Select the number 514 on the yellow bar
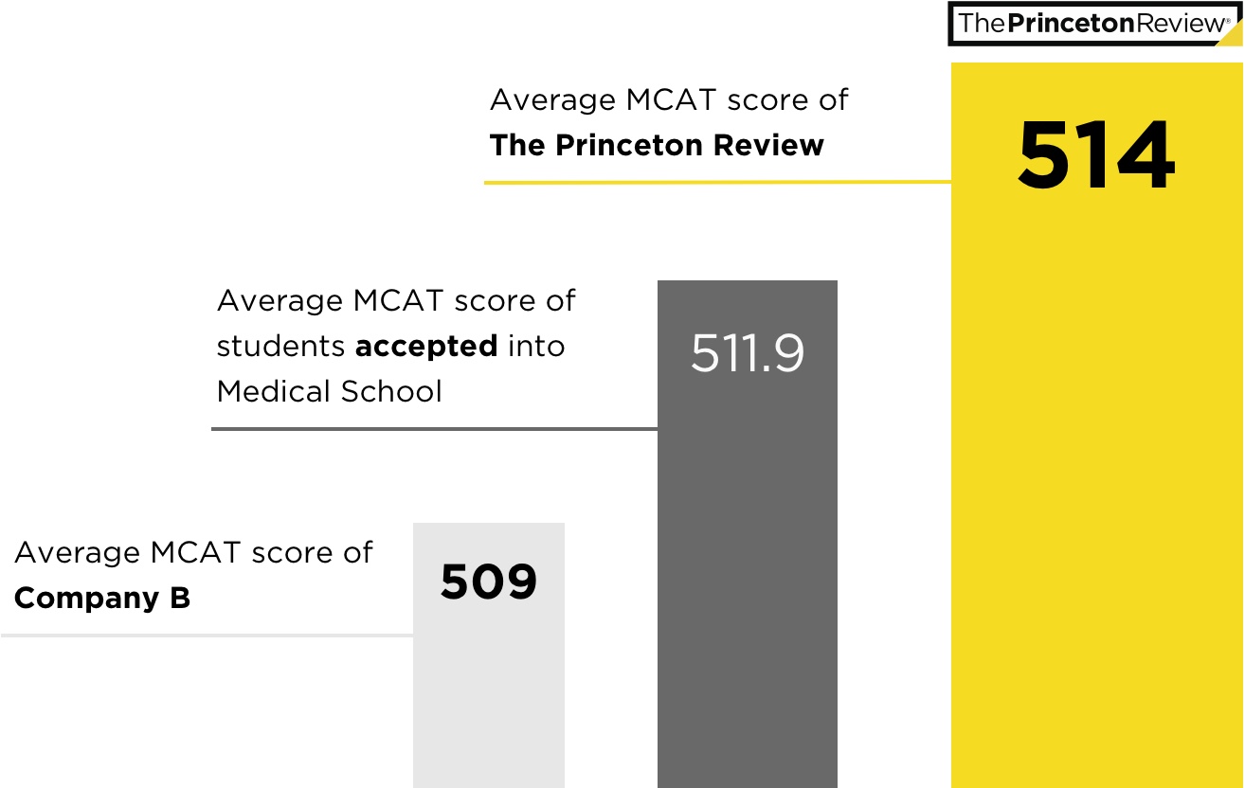point(1096,155)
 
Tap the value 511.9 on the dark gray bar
point(748,353)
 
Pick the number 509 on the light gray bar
point(489,582)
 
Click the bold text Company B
point(102,599)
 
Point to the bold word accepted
point(426,347)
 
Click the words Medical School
point(330,391)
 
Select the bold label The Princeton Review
point(657,146)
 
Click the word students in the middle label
point(280,347)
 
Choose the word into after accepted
point(535,347)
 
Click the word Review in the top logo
point(1179,24)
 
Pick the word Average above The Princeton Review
point(552,100)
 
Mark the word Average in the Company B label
point(77,553)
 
